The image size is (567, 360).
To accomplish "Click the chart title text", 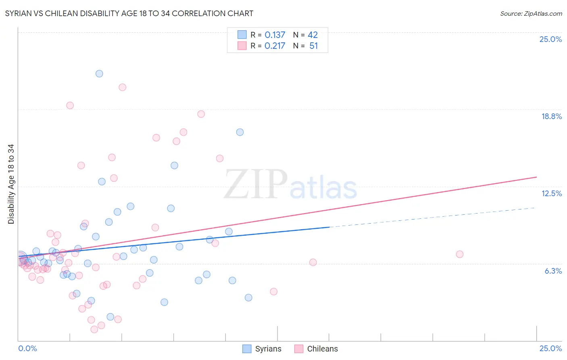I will (129, 13).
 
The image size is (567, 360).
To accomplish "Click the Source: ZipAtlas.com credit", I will (531, 13).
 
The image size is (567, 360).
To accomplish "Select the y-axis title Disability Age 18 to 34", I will (11, 184).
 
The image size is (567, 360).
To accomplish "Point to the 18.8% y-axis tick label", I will (551, 116).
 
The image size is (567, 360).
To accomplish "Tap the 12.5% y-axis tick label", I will (551, 193).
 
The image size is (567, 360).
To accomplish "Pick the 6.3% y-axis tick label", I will (553, 271).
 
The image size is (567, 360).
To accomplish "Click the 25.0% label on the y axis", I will (550, 39).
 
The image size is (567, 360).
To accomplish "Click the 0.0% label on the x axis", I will (27, 348).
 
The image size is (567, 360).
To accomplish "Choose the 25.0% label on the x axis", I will (550, 348).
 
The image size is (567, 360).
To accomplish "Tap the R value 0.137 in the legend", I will (275, 35).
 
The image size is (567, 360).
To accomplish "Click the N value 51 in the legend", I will (313, 46).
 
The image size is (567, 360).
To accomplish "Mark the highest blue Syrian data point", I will (99, 73).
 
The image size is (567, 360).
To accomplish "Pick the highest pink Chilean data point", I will (123, 87).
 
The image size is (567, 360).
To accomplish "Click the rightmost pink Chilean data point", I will (459, 254).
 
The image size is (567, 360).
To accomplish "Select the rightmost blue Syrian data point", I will (248, 297).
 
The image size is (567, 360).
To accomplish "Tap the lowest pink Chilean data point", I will (94, 329).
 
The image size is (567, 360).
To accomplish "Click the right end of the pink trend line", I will (536, 177).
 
